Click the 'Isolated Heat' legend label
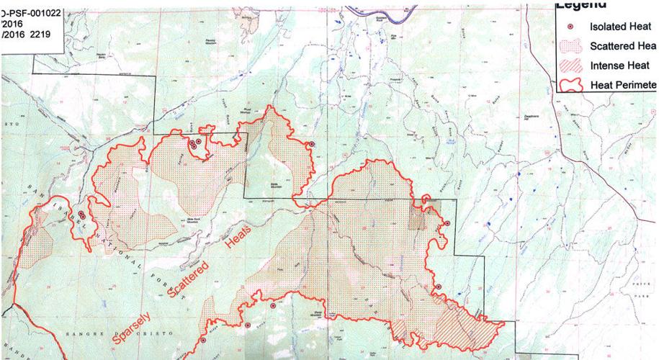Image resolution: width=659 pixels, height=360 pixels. [x=622, y=27]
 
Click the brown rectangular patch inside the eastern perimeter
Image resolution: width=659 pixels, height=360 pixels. [x=418, y=217]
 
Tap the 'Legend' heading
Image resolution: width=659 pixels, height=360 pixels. [x=580, y=6]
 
